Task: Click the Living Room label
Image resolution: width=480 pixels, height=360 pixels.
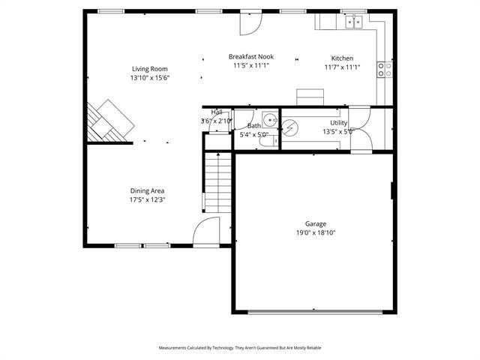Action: pyautogui.click(x=150, y=68)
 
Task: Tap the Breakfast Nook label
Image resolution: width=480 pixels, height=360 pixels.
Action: pyautogui.click(x=250, y=56)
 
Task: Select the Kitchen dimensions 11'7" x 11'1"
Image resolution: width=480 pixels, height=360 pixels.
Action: pyautogui.click(x=342, y=67)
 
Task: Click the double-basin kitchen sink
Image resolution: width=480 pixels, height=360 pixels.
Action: pyautogui.click(x=355, y=22)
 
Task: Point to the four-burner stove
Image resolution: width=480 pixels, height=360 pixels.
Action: pyautogui.click(x=385, y=70)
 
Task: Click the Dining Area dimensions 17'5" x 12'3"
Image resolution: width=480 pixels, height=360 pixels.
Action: pyautogui.click(x=147, y=199)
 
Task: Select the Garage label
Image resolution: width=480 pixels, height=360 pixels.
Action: pyautogui.click(x=315, y=223)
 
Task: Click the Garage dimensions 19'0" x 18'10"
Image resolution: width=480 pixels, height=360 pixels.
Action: pyautogui.click(x=315, y=232)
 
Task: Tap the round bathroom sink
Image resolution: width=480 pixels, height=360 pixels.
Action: pyautogui.click(x=269, y=121)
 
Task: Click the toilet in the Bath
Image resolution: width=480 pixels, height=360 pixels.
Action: pyautogui.click(x=265, y=140)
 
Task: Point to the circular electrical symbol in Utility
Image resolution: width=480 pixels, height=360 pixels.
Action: pyautogui.click(x=287, y=127)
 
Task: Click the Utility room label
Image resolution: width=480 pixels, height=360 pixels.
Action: pyautogui.click(x=339, y=122)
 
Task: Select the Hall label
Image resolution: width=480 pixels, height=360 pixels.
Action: pyautogui.click(x=217, y=112)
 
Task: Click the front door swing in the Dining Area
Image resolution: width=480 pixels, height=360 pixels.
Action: pyautogui.click(x=205, y=232)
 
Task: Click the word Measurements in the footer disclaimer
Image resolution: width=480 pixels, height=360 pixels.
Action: pyautogui.click(x=174, y=348)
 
